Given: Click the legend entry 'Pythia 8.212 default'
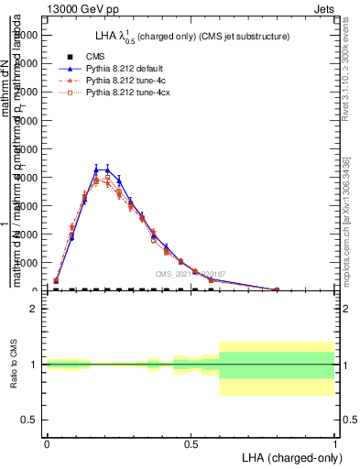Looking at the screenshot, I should [x=123, y=69].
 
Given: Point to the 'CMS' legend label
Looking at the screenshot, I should [x=94, y=57].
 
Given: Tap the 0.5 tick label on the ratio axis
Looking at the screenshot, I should [x=29, y=420].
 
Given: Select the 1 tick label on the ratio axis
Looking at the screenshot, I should [x=34, y=365].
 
